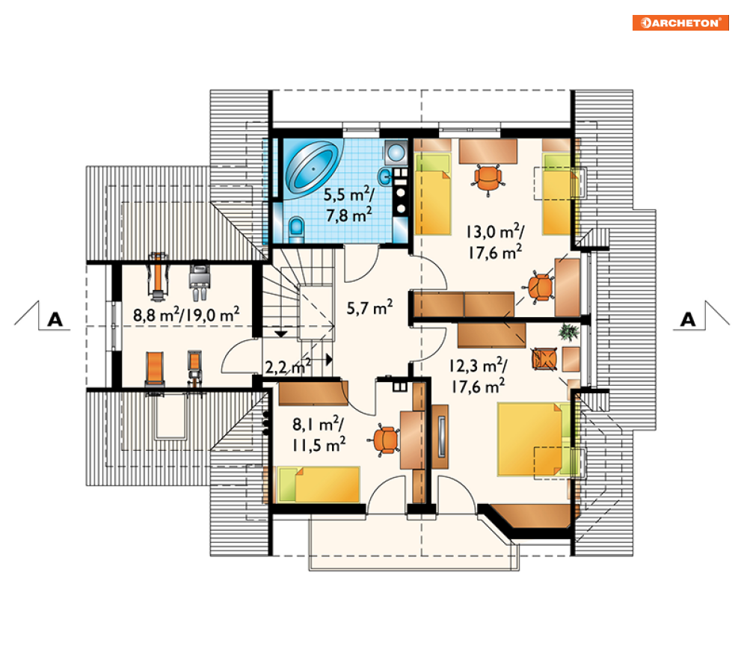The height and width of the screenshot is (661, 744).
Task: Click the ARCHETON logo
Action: [x=680, y=22]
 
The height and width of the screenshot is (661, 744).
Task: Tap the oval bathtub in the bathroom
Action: [x=313, y=167]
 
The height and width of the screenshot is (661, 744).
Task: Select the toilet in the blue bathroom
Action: [x=297, y=230]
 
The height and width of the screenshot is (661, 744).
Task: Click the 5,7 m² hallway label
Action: [x=369, y=307]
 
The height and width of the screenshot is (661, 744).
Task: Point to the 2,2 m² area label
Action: [x=288, y=367]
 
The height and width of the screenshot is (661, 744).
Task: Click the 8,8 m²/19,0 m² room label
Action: [x=186, y=315]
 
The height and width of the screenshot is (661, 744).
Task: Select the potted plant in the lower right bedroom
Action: [x=568, y=332]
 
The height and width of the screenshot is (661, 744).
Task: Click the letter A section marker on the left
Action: [x=55, y=320]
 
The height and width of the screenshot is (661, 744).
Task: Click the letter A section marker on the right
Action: [x=688, y=320]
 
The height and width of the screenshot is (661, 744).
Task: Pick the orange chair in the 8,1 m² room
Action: [x=385, y=440]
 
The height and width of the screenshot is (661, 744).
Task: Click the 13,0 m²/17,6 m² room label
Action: [x=495, y=242]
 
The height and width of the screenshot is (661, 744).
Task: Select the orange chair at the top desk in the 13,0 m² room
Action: [x=488, y=179]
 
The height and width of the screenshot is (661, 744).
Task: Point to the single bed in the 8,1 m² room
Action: [x=319, y=484]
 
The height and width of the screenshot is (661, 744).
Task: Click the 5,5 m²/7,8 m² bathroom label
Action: [x=348, y=205]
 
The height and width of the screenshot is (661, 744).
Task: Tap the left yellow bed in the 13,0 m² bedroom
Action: [x=433, y=194]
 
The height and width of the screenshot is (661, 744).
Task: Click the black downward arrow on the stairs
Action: [x=281, y=334]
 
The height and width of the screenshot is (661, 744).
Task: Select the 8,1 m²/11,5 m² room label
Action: [x=319, y=434]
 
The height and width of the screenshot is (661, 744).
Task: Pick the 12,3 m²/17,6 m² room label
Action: [x=479, y=376]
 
